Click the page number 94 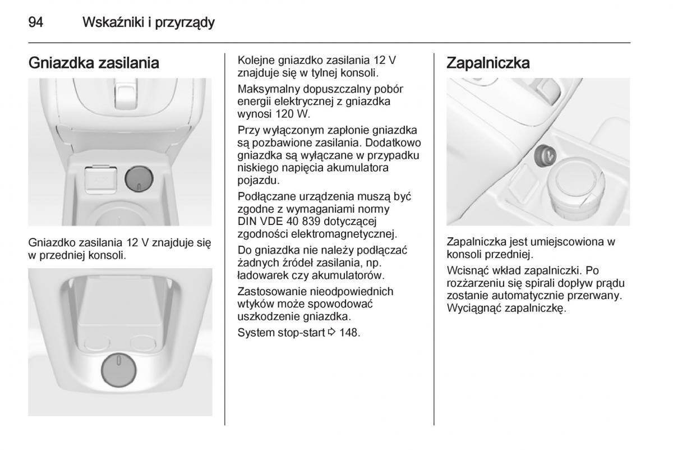(x=36, y=22)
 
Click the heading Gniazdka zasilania (x=94, y=63)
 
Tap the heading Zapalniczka (x=488, y=63)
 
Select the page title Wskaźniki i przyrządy (x=149, y=23)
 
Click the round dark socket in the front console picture (x=139, y=179)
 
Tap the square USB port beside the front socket (x=100, y=180)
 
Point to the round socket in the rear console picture (x=119, y=370)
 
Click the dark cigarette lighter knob (x=545, y=157)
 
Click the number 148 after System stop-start (x=349, y=333)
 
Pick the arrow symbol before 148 (x=331, y=333)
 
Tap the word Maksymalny (x=269, y=89)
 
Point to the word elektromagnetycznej (x=344, y=234)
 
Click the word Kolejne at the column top (x=256, y=61)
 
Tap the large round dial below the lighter (x=576, y=184)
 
